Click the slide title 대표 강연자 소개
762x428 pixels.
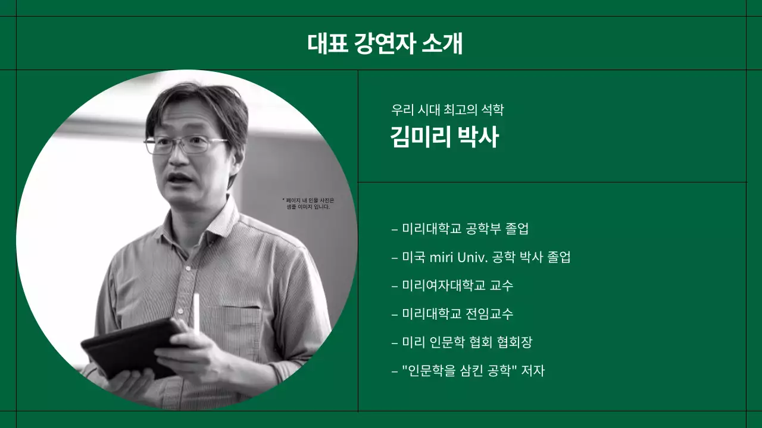click(385, 43)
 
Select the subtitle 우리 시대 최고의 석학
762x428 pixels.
click(447, 110)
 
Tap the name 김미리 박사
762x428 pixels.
click(444, 137)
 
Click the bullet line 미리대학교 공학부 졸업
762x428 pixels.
click(460, 228)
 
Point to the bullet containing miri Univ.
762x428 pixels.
click(481, 257)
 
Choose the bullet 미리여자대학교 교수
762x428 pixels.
click(452, 285)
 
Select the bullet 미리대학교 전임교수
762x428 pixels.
click(452, 313)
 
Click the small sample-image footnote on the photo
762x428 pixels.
click(308, 203)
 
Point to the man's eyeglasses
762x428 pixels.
click(186, 144)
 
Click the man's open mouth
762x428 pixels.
click(180, 178)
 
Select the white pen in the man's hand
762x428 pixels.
click(196, 312)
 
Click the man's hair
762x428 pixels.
click(196, 104)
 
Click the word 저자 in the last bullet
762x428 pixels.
click(533, 370)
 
